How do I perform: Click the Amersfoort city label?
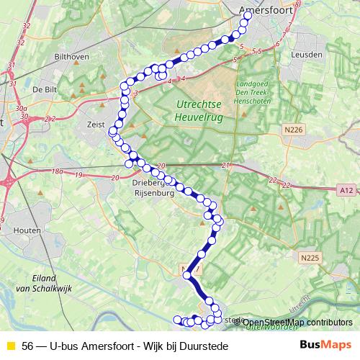263,11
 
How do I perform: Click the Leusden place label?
307,54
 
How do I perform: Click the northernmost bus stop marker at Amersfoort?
243,22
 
